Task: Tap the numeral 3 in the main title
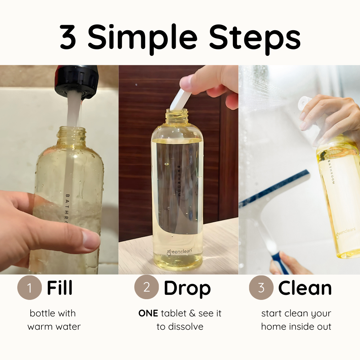tap(68, 37)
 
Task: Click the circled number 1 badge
tap(30, 288)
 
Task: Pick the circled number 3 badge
tap(261, 287)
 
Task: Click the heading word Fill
tap(60, 288)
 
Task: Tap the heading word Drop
tap(187, 288)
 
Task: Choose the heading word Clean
tap(305, 288)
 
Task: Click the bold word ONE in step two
tap(148, 314)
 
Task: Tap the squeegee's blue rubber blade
tap(274, 187)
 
